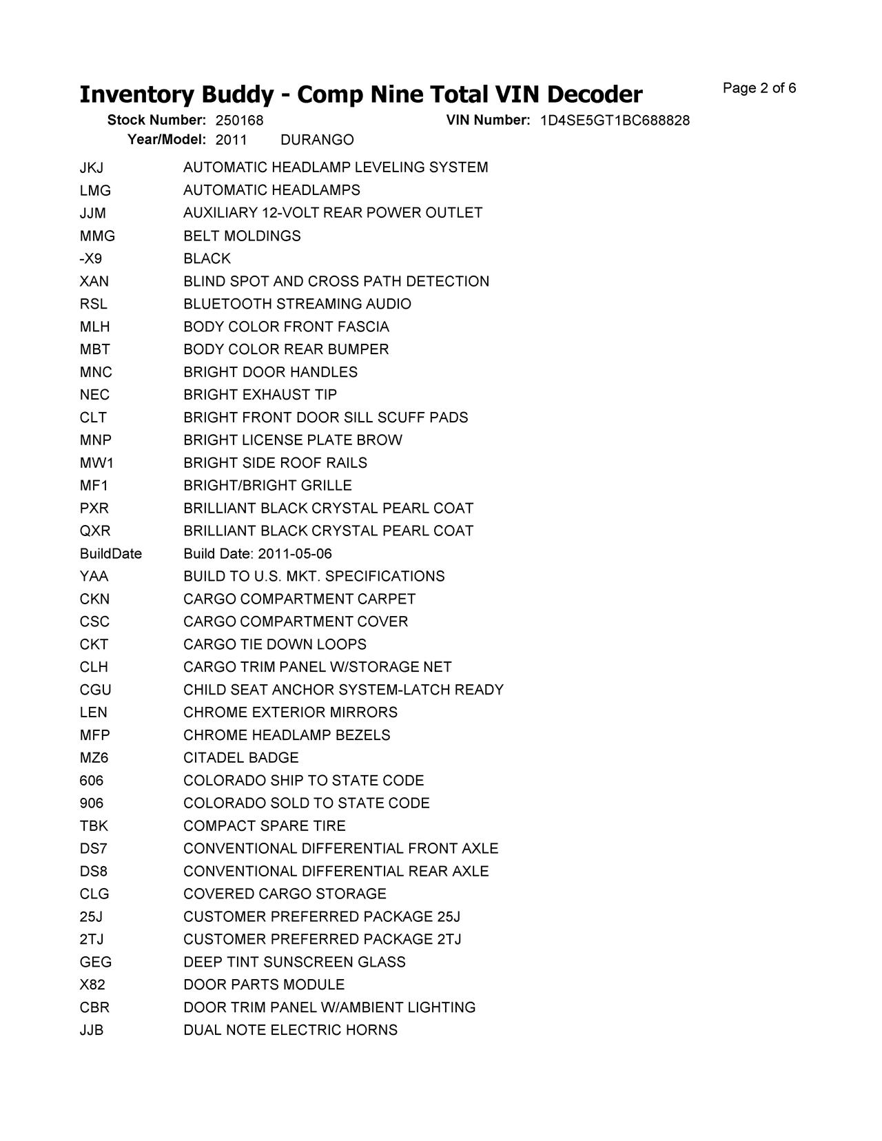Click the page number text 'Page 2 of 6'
[759, 88]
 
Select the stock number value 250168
[239, 121]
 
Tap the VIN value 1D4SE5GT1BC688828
[615, 121]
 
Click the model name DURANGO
[317, 141]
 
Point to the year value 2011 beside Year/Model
[231, 141]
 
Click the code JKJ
[92, 167]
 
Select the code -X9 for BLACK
[91, 258]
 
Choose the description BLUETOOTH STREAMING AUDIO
[297, 304]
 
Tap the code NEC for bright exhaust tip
[94, 395]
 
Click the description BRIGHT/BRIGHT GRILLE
[267, 486]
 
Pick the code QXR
[95, 531]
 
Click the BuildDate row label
[110, 554]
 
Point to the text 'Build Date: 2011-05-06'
[257, 554]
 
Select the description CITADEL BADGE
[240, 758]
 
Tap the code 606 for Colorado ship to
[92, 781]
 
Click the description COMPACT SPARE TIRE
[264, 826]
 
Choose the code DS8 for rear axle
[94, 872]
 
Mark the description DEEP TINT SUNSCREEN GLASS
[294, 962]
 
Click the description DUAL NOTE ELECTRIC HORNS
[290, 1030]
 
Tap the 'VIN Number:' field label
[488, 121]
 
